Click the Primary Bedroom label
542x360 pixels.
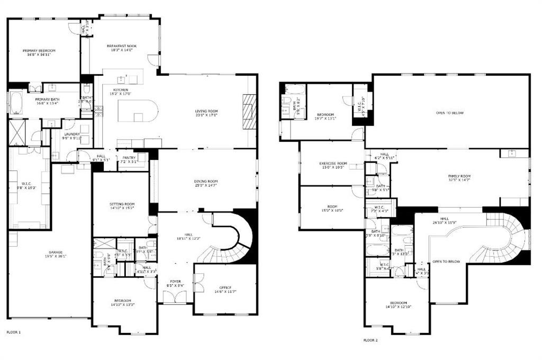pos(39,51)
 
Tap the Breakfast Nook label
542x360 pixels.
pos(122,46)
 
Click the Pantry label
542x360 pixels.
pos(129,157)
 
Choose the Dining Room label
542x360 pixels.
pos(206,182)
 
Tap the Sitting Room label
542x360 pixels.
pos(122,204)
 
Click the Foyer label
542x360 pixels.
pos(175,281)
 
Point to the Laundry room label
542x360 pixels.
pos(72,134)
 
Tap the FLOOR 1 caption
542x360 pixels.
pos(14,332)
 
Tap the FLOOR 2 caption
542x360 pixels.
pos(371,340)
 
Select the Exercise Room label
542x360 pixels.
pos(333,163)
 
